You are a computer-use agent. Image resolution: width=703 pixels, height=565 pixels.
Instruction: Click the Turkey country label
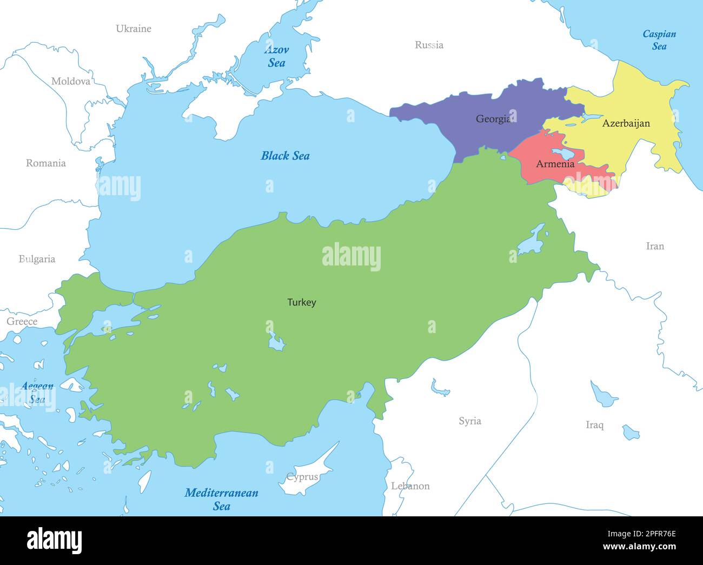301,302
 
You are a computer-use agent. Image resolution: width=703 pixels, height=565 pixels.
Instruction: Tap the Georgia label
493,119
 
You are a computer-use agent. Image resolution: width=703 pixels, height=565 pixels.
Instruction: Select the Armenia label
555,164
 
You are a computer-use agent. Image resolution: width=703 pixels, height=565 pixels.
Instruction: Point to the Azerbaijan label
626,123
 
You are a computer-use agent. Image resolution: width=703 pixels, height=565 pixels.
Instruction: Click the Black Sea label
285,156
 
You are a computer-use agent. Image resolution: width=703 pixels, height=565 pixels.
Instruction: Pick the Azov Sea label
276,56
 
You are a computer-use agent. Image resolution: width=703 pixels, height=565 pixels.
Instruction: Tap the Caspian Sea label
659,40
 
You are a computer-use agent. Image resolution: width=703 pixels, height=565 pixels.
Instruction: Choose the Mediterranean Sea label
221,499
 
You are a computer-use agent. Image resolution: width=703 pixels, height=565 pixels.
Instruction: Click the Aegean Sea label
37,393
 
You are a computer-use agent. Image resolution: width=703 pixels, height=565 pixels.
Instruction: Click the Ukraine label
134,29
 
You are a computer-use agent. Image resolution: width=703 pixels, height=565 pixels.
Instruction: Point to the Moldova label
71,82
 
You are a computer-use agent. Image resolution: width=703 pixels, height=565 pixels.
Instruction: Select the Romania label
46,163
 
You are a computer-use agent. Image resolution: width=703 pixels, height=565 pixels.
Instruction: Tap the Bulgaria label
37,259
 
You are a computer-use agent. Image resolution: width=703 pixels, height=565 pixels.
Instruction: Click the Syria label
469,421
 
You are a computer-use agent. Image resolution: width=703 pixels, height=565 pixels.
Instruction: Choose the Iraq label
594,425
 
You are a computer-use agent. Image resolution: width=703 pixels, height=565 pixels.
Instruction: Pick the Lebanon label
410,486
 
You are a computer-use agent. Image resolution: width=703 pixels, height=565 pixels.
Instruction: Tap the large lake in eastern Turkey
531,241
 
